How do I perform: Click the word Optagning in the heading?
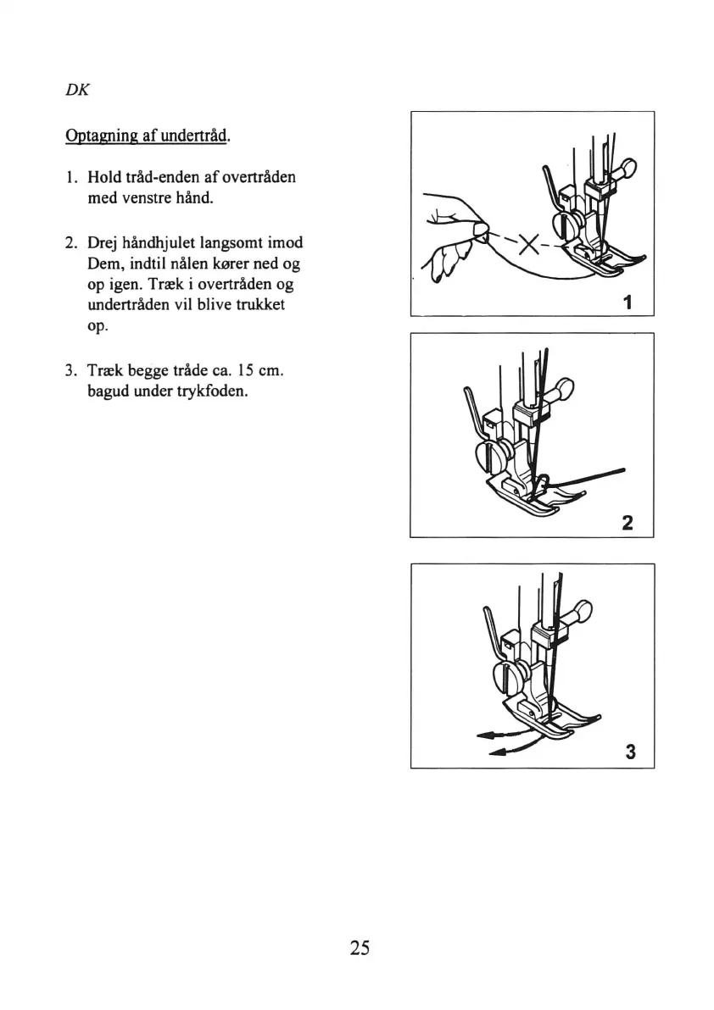coord(98,136)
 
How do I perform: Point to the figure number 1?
coord(628,301)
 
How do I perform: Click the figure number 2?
coord(628,522)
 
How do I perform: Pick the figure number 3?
coord(629,752)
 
